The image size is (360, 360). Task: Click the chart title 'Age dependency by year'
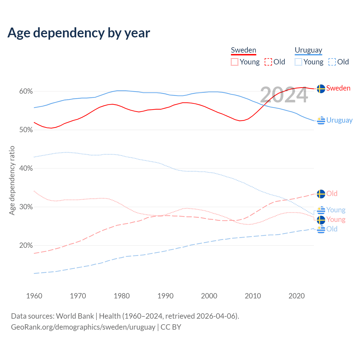coord(79,33)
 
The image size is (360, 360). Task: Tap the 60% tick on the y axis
coord(26,91)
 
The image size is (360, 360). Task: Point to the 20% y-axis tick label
coord(26,246)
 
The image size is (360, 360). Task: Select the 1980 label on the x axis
coord(122,296)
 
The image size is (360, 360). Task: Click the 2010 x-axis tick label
coord(253,296)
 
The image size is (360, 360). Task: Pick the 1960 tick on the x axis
coord(34,296)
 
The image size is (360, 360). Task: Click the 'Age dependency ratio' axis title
coord(12,180)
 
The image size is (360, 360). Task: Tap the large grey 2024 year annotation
coord(284,95)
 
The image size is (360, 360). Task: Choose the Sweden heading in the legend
coord(244,50)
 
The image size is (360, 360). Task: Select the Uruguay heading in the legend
coord(308,50)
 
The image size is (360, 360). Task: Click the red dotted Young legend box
coord(235,62)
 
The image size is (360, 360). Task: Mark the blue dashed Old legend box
coord(332,62)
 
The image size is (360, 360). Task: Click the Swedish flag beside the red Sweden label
coord(321,89)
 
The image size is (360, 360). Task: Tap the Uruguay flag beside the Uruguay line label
coord(321,120)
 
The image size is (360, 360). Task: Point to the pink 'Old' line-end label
coord(332,193)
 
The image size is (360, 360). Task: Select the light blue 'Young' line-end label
coord(336,210)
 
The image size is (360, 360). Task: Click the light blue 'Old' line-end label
coord(332,229)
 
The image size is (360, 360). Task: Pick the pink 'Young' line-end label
coord(336,220)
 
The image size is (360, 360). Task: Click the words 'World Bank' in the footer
coord(75,316)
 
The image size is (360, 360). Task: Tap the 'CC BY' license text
coord(171,327)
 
